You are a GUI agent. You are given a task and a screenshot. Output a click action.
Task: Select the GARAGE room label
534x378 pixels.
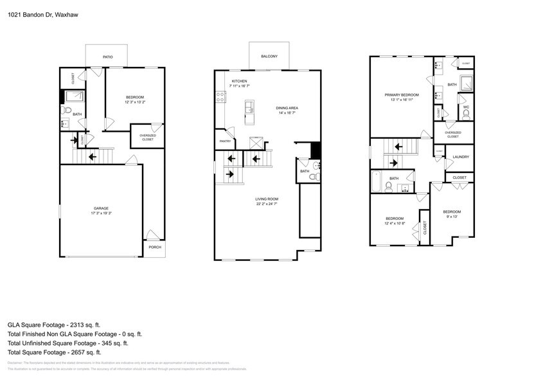click(101, 208)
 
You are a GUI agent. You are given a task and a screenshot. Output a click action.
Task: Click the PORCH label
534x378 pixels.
click(154, 247)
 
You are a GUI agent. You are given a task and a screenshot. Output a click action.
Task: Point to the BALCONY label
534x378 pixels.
click(269, 57)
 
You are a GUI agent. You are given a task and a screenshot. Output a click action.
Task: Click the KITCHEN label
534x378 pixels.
click(240, 81)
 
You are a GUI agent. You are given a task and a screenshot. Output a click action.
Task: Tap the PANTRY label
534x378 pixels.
click(225, 141)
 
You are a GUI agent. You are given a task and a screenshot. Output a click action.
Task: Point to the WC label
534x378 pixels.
click(466, 107)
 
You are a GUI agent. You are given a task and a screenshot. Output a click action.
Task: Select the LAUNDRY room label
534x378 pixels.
click(461, 157)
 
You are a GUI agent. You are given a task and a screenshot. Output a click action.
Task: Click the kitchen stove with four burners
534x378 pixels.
click(221, 97)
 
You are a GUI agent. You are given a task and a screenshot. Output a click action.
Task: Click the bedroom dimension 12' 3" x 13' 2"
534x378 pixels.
click(134, 102)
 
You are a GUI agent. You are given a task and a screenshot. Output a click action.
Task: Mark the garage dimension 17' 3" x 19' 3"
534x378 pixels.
click(101, 213)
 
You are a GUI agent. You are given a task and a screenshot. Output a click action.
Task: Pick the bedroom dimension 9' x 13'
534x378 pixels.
click(452, 217)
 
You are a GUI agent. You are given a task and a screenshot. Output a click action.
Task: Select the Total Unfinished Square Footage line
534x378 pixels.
click(75, 343)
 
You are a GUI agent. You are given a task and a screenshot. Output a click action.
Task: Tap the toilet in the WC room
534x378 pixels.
click(466, 114)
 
